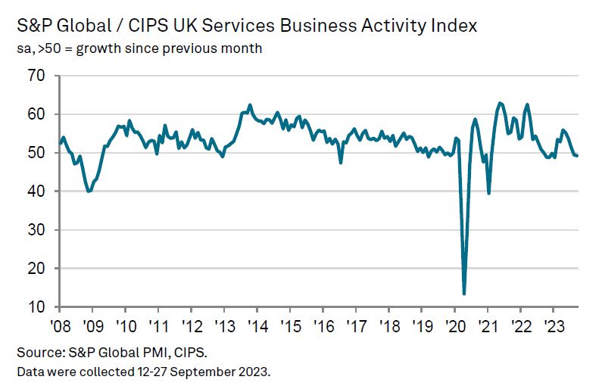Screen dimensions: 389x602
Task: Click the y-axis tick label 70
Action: pyautogui.click(x=36, y=76)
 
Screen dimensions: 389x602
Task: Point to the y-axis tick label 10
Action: pyautogui.click(x=36, y=307)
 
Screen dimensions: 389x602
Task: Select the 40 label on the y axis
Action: pyautogui.click(x=36, y=191)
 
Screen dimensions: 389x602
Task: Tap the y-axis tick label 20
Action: pyautogui.click(x=36, y=269)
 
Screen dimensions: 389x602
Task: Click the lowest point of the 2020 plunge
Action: pyautogui.click(x=464, y=294)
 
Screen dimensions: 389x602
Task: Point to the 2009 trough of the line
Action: pyautogui.click(x=89, y=191)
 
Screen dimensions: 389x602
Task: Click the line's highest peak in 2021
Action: pyautogui.click(x=500, y=103)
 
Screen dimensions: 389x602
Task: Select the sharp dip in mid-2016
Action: pyautogui.click(x=341, y=162)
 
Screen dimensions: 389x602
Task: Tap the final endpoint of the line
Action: pyautogui.click(x=578, y=156)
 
